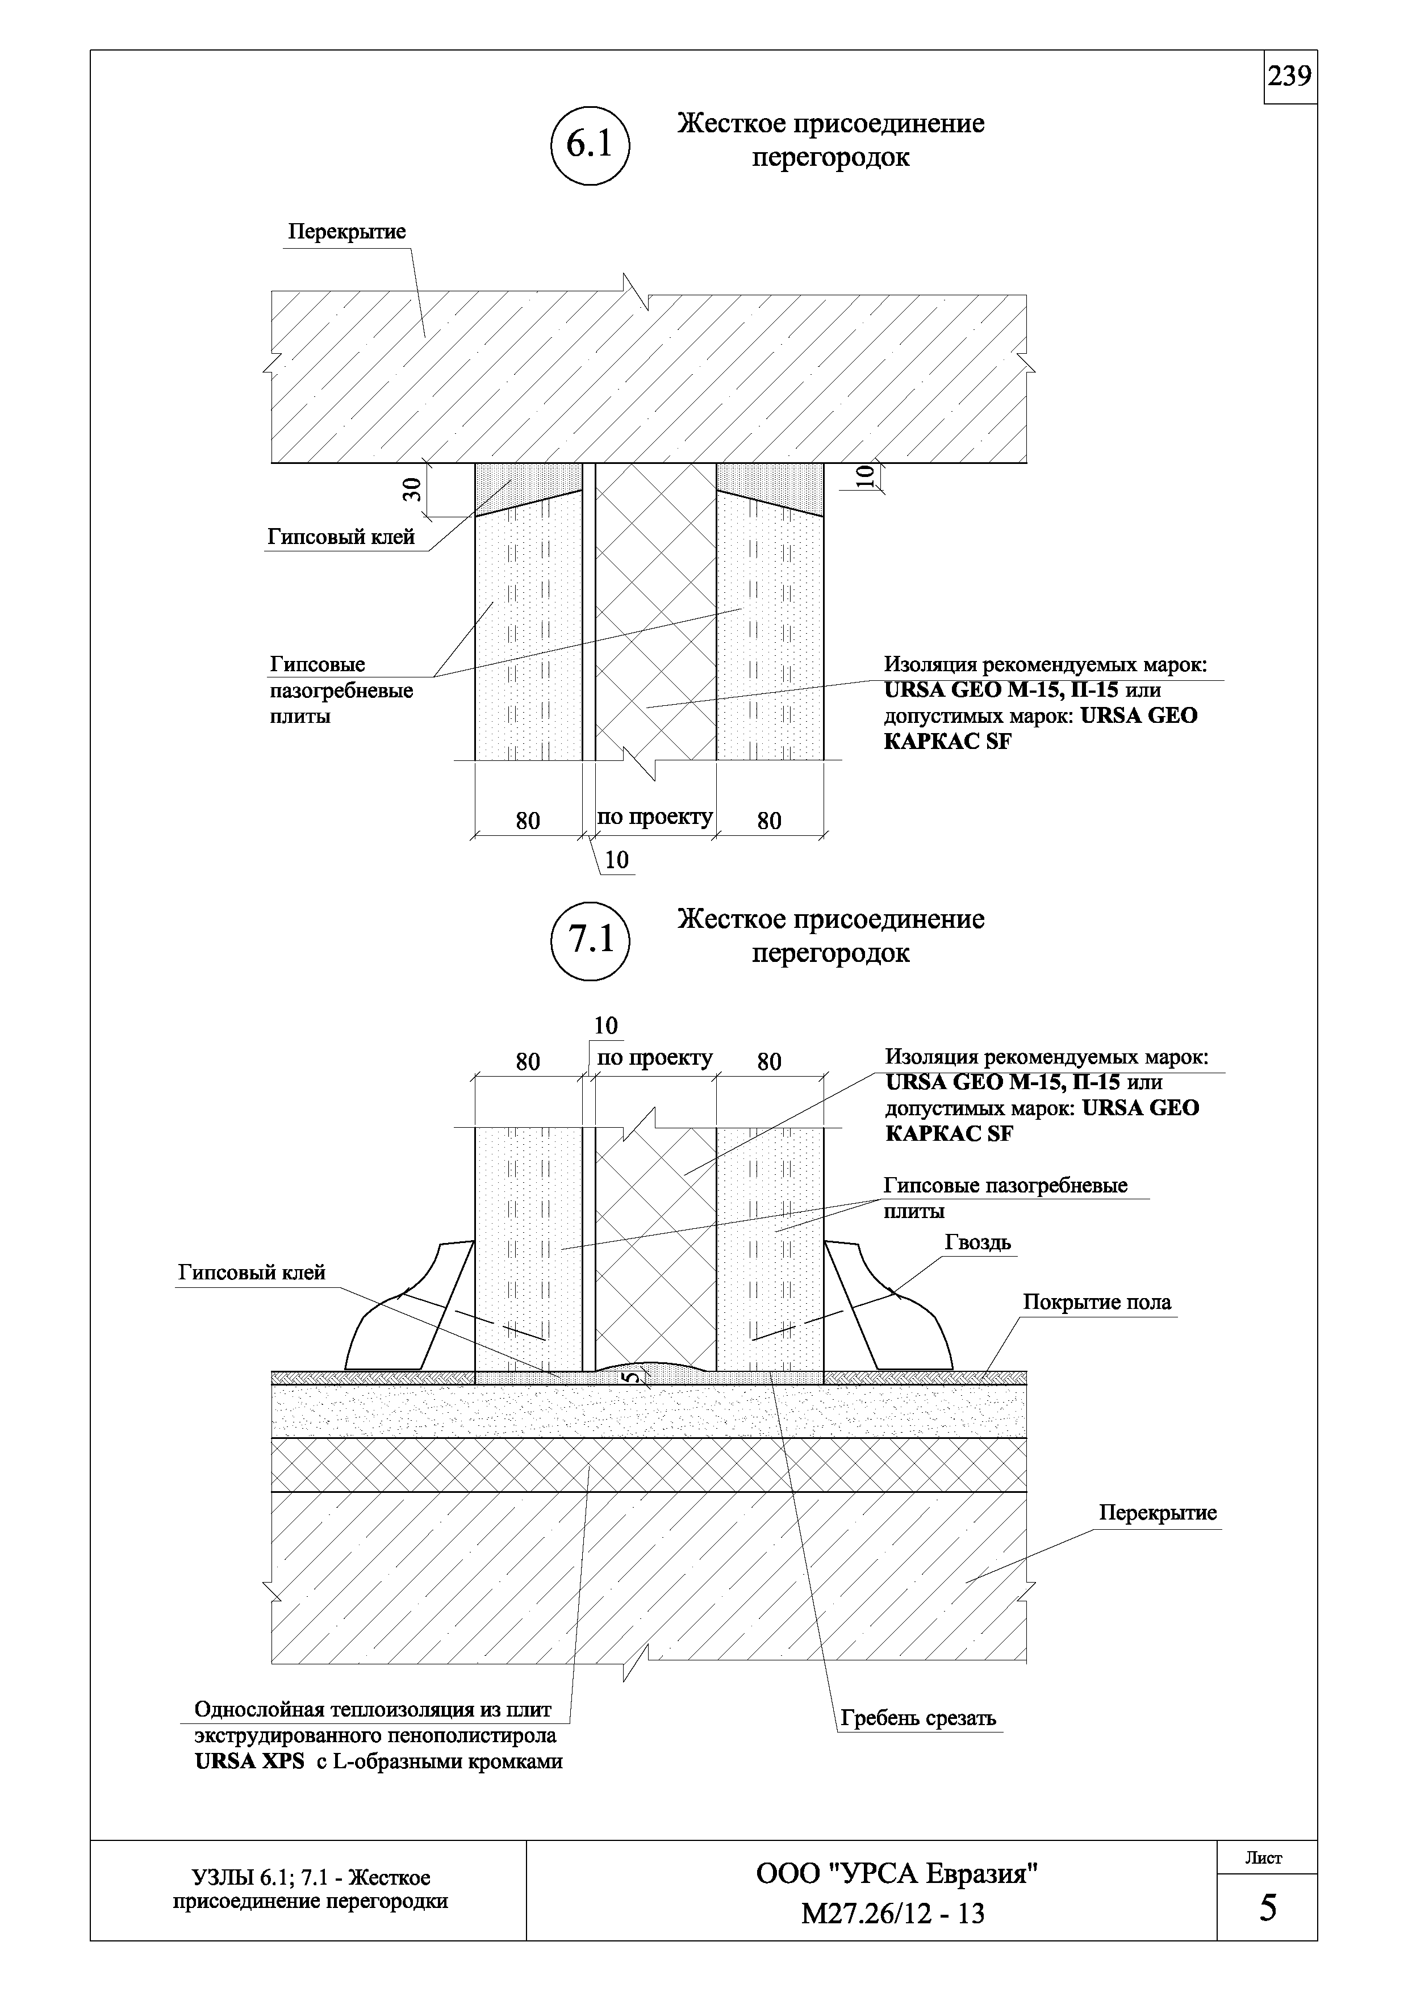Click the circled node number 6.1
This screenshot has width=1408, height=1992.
(x=590, y=144)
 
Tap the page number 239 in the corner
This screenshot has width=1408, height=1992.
(x=1290, y=77)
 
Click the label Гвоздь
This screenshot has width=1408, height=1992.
(x=977, y=1242)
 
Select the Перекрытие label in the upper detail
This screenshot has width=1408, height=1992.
(x=347, y=232)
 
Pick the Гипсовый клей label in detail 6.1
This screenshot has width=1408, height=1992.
(x=341, y=537)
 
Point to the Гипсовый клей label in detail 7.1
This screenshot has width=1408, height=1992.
(x=252, y=1273)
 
